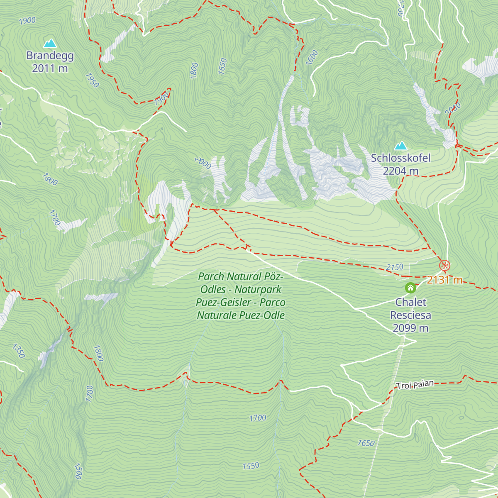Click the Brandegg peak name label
(50, 56)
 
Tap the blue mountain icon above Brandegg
(50, 43)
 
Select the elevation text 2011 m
(50, 68)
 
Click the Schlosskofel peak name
(400, 158)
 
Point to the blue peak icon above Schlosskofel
(400, 146)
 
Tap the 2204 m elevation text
(400, 171)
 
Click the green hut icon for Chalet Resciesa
(410, 288)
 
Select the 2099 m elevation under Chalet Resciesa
(410, 328)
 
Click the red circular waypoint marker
(444, 265)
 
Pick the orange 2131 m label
(444, 280)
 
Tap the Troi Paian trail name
(415, 385)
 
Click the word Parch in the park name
(211, 276)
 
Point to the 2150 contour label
(394, 268)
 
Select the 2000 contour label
(203, 163)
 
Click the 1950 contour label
(92, 81)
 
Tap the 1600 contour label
(312, 57)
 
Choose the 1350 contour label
(19, 351)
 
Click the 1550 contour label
(251, 466)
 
